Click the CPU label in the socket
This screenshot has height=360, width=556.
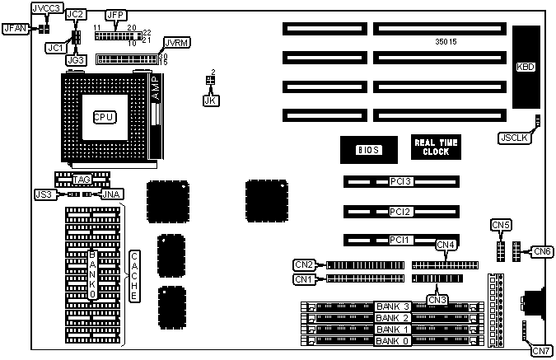coord(103,117)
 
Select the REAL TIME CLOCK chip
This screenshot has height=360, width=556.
coord(436,147)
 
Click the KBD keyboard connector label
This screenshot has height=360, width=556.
coord(525,67)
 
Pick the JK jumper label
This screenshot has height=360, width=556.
coord(208,101)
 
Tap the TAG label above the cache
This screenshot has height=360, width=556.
coord(81,179)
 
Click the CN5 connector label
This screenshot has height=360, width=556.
coord(501,225)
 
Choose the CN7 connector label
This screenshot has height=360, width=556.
coord(541,351)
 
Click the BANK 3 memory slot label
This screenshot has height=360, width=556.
coord(392,306)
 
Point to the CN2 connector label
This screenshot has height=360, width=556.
coord(304,264)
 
